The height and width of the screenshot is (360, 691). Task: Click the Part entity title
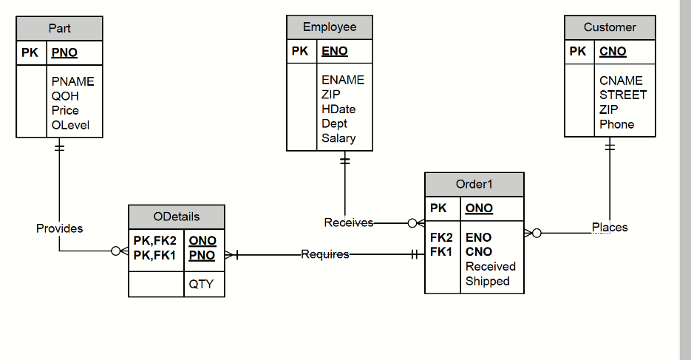[59, 28]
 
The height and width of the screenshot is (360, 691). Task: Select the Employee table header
[330, 27]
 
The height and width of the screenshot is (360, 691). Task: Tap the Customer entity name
[610, 27]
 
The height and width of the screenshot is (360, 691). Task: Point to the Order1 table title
[474, 184]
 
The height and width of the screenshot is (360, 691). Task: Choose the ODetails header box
[176, 217]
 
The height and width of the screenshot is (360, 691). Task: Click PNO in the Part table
[64, 52]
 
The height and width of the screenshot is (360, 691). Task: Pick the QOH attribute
[65, 96]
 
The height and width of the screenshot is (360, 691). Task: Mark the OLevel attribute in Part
[70, 125]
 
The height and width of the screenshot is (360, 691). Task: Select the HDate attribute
[338, 109]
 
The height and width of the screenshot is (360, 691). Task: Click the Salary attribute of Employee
[338, 138]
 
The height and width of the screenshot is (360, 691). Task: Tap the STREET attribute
[623, 95]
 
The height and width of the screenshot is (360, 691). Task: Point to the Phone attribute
[617, 124]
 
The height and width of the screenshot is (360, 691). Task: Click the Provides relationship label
[59, 228]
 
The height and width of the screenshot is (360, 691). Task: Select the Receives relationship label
[349, 223]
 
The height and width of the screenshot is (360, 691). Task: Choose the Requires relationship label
[325, 254]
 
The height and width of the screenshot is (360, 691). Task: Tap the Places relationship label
[610, 227]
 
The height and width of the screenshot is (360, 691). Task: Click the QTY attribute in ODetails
[201, 283]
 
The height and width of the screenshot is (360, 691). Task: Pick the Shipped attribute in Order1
[488, 281]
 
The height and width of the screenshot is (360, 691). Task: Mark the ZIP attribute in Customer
[609, 109]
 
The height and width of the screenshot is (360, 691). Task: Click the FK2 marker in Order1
[441, 238]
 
